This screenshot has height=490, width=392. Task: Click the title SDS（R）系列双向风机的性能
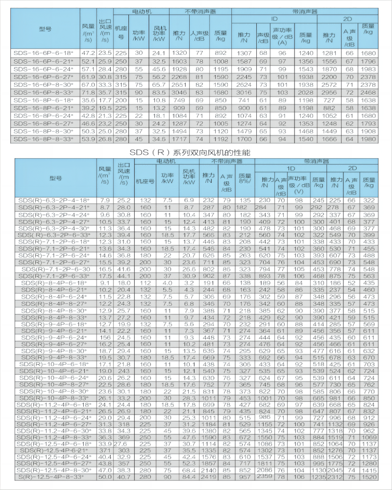(x=196, y=152)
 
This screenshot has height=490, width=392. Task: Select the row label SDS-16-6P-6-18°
(x=44, y=52)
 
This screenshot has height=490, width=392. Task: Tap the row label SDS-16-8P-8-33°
(x=44, y=139)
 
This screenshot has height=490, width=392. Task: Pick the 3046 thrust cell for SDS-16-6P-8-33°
(x=180, y=92)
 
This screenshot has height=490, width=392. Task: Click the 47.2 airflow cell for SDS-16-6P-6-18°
(x=88, y=52)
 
